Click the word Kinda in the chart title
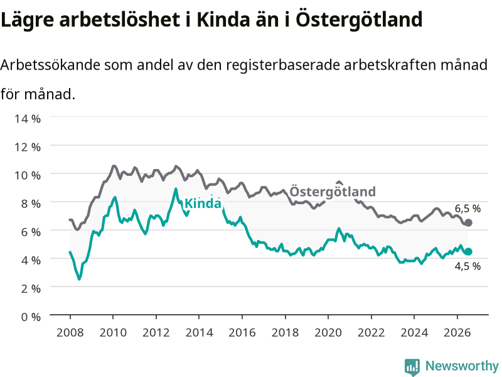tap(223, 19)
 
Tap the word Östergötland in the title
tap(359, 19)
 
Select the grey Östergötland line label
tap(333, 192)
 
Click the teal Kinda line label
tap(203, 204)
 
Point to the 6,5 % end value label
tap(467, 209)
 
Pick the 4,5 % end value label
tap(467, 266)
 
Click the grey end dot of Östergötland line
tap(468, 223)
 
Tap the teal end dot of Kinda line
tap(468, 252)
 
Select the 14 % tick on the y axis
tap(28, 119)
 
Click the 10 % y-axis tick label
tap(28, 175)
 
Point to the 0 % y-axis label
tap(31, 317)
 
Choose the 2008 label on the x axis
tap(70, 332)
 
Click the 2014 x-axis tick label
tap(199, 332)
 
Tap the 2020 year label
tap(328, 332)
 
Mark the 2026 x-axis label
tap(457, 332)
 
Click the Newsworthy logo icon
tap(412, 366)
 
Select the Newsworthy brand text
tap(462, 366)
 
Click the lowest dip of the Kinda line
tap(79, 279)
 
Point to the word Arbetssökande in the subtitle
tap(50, 65)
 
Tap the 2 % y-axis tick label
tap(31, 288)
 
